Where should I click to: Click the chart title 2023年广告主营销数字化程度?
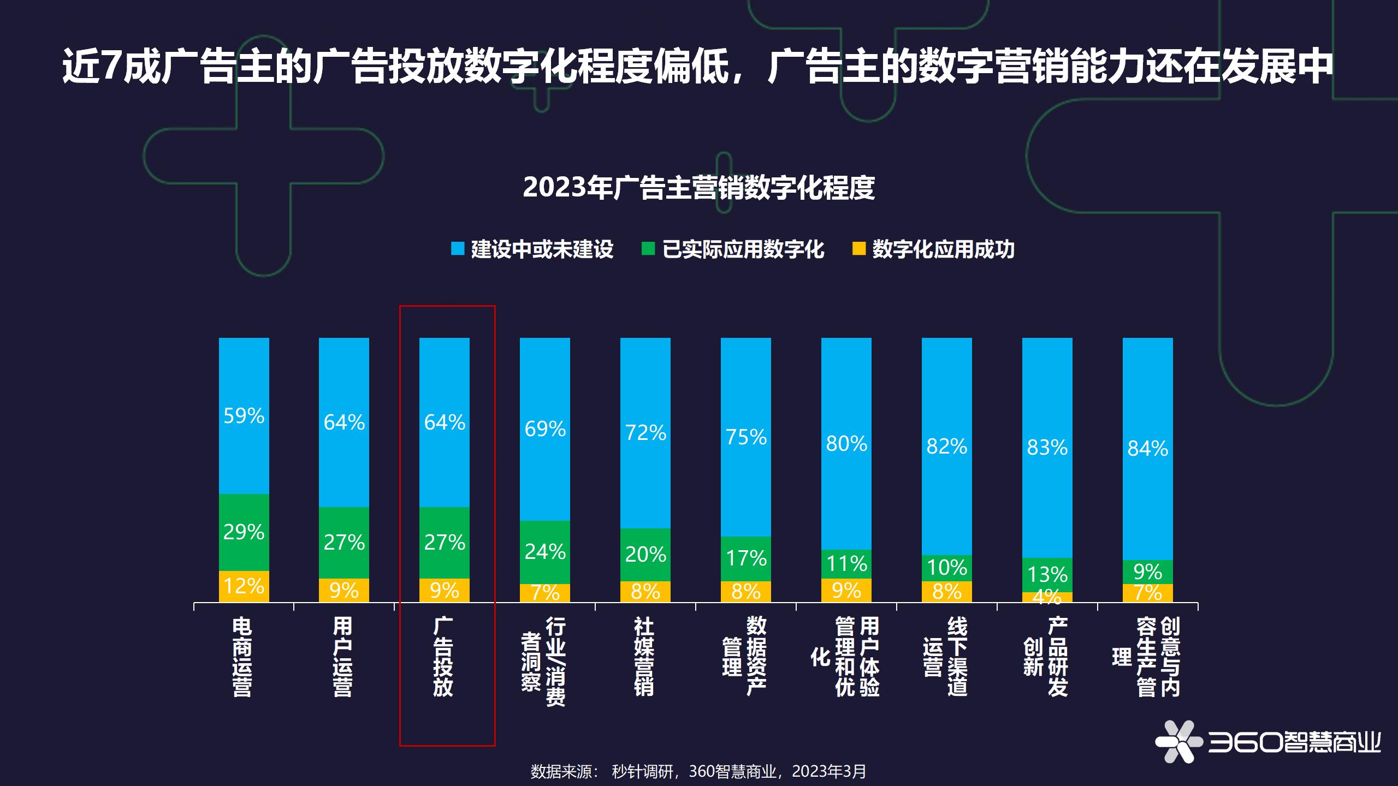pyautogui.click(x=698, y=187)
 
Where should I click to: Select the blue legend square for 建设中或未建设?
pyautogui.click(x=458, y=249)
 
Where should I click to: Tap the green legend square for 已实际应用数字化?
pyautogui.click(x=648, y=249)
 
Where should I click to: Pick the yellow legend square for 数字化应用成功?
pyautogui.click(x=859, y=249)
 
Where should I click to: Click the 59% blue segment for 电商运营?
pyautogui.click(x=244, y=416)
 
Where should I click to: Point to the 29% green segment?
pyautogui.click(x=244, y=532)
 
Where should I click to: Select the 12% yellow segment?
pyautogui.click(x=244, y=586)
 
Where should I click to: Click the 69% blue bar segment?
pyautogui.click(x=544, y=429)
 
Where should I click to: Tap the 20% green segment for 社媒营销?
pyautogui.click(x=645, y=555)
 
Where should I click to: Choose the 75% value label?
pyautogui.click(x=746, y=437)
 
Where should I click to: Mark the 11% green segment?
pyautogui.click(x=846, y=563)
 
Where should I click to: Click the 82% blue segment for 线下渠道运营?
pyautogui.click(x=946, y=446)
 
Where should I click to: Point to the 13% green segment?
pyautogui.click(x=1047, y=574)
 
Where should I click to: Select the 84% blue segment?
pyautogui.click(x=1147, y=449)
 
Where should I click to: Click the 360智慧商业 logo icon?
pyautogui.click(x=1178, y=741)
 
